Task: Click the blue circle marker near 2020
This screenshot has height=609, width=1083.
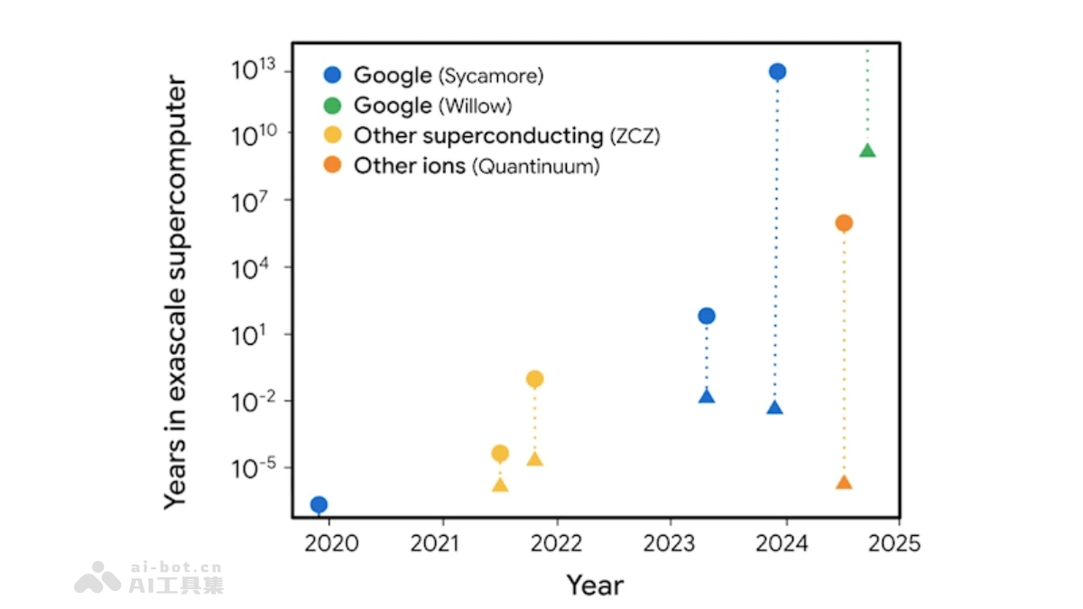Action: (x=318, y=504)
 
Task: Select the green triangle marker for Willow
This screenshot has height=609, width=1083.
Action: (x=867, y=150)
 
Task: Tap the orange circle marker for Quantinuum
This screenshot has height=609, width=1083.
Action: (x=844, y=223)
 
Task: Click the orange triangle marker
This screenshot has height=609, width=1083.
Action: (x=844, y=483)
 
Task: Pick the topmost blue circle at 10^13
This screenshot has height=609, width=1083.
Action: (x=776, y=71)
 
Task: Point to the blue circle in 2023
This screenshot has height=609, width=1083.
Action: (x=707, y=316)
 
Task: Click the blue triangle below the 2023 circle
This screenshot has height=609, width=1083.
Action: (x=707, y=396)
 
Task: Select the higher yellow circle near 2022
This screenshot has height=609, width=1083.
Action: (x=534, y=379)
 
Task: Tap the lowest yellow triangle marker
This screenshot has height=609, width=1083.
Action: (x=500, y=485)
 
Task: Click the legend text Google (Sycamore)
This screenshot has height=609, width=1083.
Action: (x=449, y=76)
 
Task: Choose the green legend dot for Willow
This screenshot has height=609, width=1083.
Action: (x=333, y=106)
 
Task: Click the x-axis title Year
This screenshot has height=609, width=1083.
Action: (x=595, y=586)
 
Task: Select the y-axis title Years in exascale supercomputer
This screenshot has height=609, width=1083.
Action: (x=176, y=293)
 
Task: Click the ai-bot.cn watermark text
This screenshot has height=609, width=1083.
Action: (x=176, y=567)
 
